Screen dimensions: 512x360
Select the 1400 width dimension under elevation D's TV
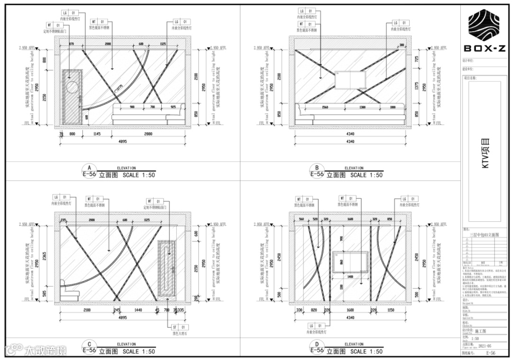click(350, 276)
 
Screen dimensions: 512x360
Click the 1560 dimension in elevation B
click(325, 108)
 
